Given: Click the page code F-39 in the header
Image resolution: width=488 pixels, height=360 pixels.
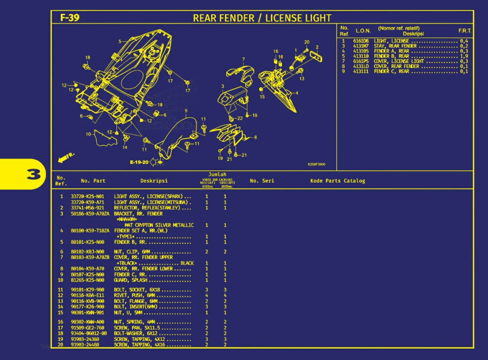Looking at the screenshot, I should tap(70, 18).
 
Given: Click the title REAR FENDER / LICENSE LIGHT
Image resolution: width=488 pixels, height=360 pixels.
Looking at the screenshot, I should tap(262, 18).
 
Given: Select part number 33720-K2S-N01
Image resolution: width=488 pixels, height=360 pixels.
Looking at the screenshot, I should tap(87, 196).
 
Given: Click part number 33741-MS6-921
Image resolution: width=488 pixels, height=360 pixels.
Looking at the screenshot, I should tap(87, 208).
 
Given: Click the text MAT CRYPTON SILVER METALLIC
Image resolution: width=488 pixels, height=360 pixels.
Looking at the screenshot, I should tap(159, 225).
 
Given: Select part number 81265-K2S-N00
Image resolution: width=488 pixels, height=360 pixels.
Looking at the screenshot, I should tap(87, 280).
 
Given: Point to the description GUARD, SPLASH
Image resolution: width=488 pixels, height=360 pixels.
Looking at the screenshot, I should tap(131, 280).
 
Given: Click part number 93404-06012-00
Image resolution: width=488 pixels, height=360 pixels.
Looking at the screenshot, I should tap(88, 333).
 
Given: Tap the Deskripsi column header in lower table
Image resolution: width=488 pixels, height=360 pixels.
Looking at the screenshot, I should tap(154, 181).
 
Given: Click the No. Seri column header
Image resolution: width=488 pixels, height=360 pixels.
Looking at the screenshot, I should tap(262, 181).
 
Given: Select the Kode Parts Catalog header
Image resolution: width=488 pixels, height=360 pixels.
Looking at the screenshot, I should tap(338, 181).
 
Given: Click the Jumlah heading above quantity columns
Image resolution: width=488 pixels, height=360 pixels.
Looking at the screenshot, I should tap(217, 174).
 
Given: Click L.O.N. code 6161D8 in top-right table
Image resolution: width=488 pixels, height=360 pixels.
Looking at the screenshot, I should tap(361, 41).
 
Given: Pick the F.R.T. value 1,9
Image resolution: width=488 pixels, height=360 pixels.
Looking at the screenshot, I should tap(464, 56).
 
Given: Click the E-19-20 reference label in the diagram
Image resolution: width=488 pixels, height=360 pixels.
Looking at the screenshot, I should tap(139, 162).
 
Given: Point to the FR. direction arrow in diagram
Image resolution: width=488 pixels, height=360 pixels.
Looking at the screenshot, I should tap(65, 157).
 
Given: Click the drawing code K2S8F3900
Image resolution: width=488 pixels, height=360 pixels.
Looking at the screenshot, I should tap(316, 164).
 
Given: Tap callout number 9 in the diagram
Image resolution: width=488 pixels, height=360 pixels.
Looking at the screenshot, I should tap(186, 111).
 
